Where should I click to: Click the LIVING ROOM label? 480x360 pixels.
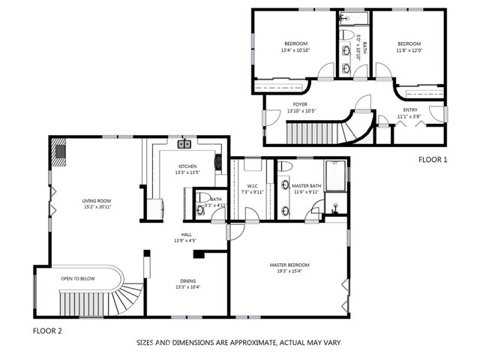(x=97, y=200)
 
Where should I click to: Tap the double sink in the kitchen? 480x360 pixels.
(x=184, y=145)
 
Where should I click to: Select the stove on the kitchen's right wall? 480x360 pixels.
(x=218, y=161)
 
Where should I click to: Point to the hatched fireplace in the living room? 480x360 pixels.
(x=59, y=151)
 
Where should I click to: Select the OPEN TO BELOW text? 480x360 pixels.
(x=78, y=278)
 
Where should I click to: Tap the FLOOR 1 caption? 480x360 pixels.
(x=432, y=160)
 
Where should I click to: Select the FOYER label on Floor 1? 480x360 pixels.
(x=301, y=104)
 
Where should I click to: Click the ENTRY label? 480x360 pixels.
(x=409, y=109)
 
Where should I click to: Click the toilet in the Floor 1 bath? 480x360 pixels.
(x=346, y=34)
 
